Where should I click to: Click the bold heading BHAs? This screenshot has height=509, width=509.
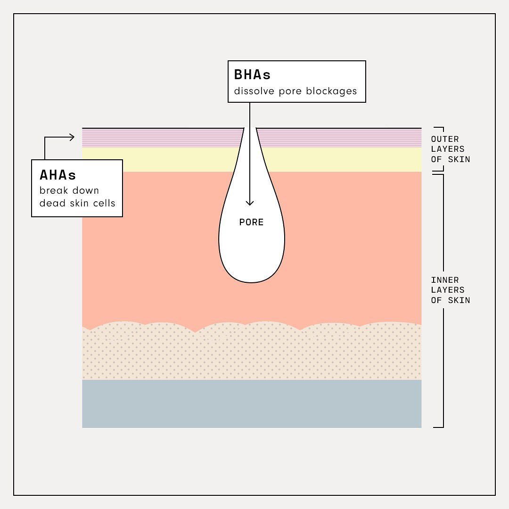coord(252,74)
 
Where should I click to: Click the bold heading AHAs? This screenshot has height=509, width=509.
coord(58,175)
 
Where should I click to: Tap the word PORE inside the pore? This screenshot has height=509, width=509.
coord(251,222)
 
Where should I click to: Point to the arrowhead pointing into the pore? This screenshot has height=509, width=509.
coord(250,203)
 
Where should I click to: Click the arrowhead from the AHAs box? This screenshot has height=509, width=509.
coord(72,137)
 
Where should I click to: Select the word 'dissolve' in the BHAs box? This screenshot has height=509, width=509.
coord(254,91)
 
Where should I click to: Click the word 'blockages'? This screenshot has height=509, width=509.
coord(331,91)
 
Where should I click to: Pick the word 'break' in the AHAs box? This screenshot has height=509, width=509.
coord(53,190)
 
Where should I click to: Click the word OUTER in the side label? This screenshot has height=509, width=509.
coord(445,139)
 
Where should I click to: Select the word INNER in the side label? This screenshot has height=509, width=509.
coord(445,280)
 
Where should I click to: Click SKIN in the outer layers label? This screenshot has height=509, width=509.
coord(459,159)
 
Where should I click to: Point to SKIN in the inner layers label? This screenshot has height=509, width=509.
coord(459,300)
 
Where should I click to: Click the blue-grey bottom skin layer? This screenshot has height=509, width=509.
coord(252,404)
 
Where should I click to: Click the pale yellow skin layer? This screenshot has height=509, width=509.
coord(341,160)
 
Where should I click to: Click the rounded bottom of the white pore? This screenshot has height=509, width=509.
coord(252,282)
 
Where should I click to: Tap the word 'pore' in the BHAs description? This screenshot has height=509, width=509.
coord(290,91)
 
